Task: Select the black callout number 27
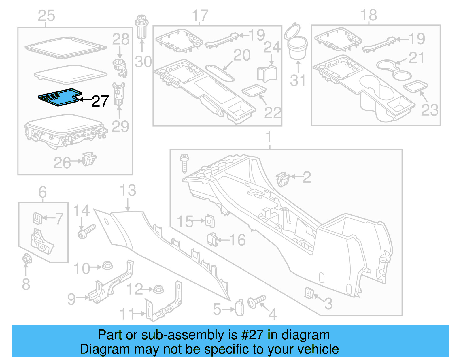tap(100, 101)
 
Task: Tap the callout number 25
tap(46, 16)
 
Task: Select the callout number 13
tap(128, 191)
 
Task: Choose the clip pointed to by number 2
tap(283, 179)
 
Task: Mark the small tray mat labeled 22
tap(254, 90)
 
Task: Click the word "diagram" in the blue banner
tap(305, 335)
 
